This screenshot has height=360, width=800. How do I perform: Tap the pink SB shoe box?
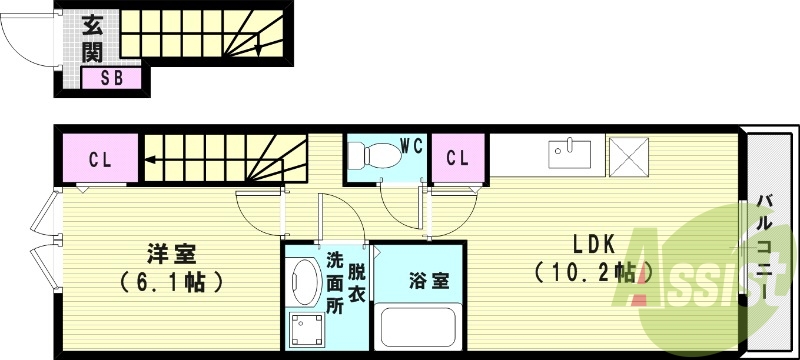[111, 79]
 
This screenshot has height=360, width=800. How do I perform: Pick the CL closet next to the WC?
[457, 158]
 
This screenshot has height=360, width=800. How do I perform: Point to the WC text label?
[411, 145]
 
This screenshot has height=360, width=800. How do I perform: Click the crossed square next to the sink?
[631, 155]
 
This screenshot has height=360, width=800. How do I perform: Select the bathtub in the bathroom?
[417, 328]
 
